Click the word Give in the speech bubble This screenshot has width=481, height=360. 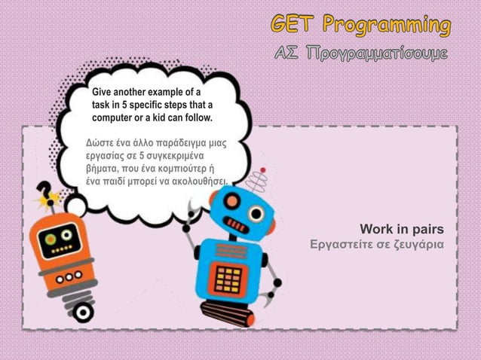104,93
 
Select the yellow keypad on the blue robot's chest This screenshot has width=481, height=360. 227,279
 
